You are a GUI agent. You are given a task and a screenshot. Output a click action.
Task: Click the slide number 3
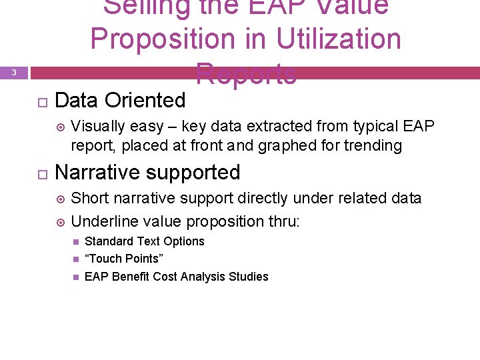click(14, 73)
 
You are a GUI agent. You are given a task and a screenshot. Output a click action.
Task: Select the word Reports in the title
click(246, 74)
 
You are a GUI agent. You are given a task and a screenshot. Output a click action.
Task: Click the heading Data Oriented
click(120, 101)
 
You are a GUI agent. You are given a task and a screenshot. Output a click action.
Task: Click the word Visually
click(96, 127)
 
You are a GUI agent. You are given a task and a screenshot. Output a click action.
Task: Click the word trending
click(373, 145)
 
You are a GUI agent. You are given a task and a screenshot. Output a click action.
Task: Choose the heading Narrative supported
click(147, 173)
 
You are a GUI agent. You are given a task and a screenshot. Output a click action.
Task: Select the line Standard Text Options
click(144, 241)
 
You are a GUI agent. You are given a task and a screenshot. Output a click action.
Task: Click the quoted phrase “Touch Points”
click(124, 259)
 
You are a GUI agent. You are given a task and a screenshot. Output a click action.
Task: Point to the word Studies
click(248, 277)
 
